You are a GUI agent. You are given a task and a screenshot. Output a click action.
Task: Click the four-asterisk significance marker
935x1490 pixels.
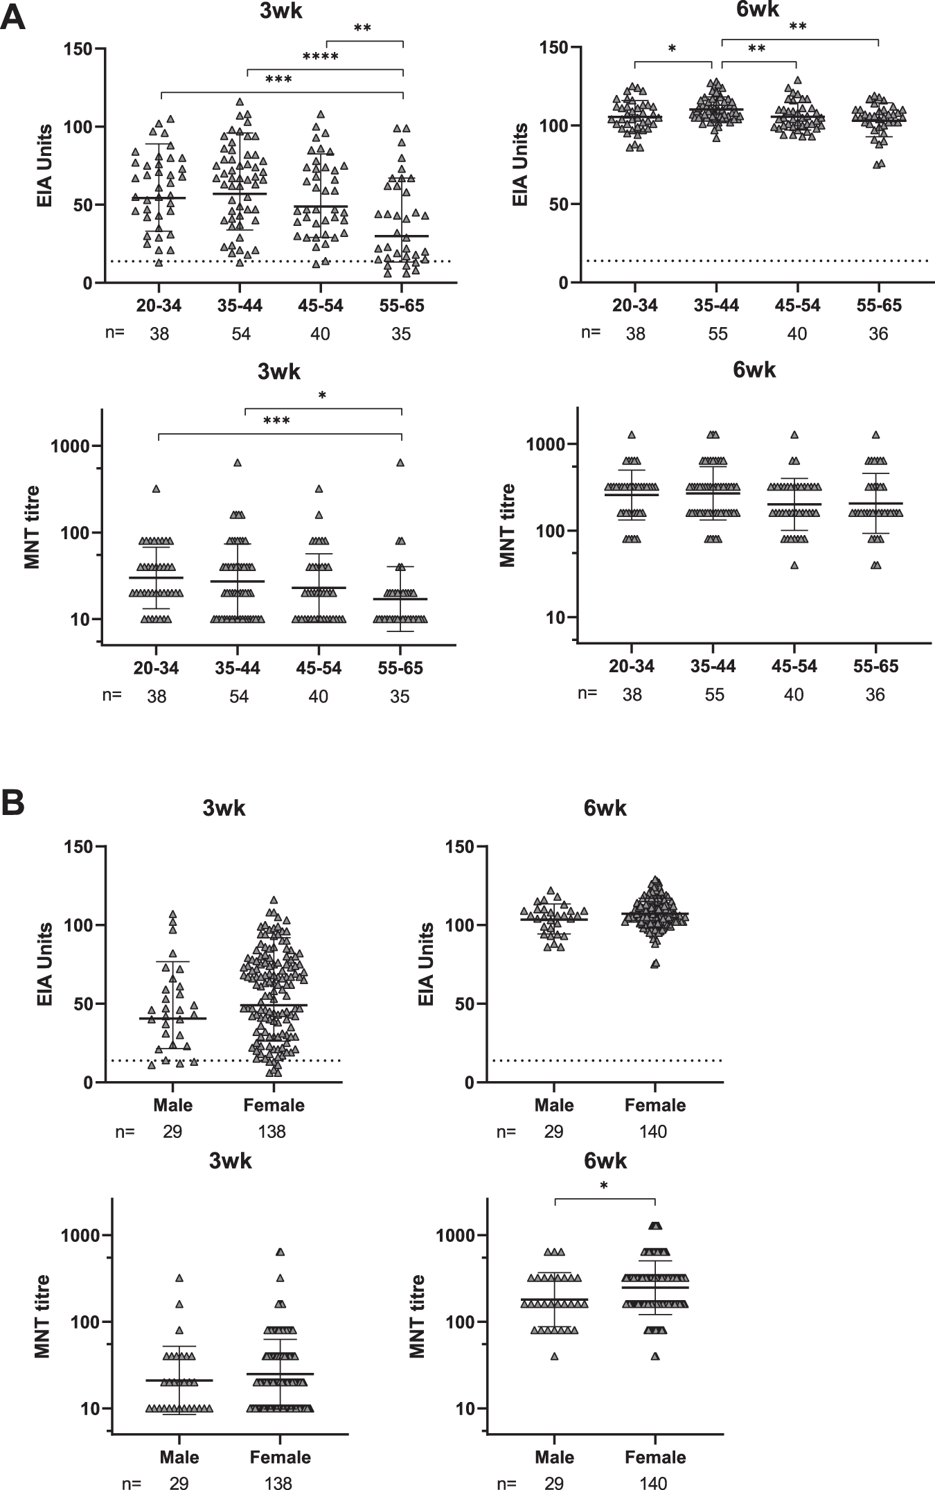320,57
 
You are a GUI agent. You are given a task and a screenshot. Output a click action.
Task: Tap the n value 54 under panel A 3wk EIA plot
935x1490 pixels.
240,334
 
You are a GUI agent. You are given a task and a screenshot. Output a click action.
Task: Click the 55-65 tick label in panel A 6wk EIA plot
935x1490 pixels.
878,306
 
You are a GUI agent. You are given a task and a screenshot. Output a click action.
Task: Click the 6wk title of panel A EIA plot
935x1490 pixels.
751,10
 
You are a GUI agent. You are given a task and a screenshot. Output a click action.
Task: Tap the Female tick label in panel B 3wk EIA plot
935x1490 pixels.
274,1104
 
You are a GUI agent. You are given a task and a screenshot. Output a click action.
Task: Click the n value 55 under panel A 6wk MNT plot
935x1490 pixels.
714,694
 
